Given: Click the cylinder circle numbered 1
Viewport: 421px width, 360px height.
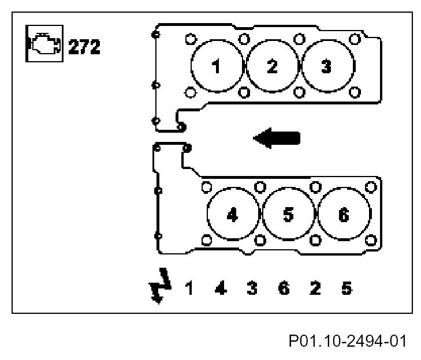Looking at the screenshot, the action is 217,67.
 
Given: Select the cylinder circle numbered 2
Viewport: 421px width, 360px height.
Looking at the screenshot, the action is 271,67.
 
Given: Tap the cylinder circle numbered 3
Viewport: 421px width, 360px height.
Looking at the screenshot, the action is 326,67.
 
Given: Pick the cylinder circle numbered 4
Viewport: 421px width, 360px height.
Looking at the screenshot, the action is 232,215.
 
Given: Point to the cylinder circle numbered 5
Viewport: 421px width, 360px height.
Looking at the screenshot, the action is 288,215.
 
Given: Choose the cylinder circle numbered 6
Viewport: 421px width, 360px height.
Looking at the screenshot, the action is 344,215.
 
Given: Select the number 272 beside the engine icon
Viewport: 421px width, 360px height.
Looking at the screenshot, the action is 84,46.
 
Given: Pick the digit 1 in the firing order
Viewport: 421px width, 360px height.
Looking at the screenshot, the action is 188,287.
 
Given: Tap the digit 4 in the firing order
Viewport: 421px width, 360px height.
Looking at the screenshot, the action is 220,287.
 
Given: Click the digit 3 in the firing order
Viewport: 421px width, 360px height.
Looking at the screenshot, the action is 252,287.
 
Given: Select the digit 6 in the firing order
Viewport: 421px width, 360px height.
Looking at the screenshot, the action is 283,287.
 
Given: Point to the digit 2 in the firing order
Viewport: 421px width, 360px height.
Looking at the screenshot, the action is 315,287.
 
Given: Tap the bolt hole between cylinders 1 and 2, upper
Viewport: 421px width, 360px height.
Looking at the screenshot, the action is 244,38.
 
